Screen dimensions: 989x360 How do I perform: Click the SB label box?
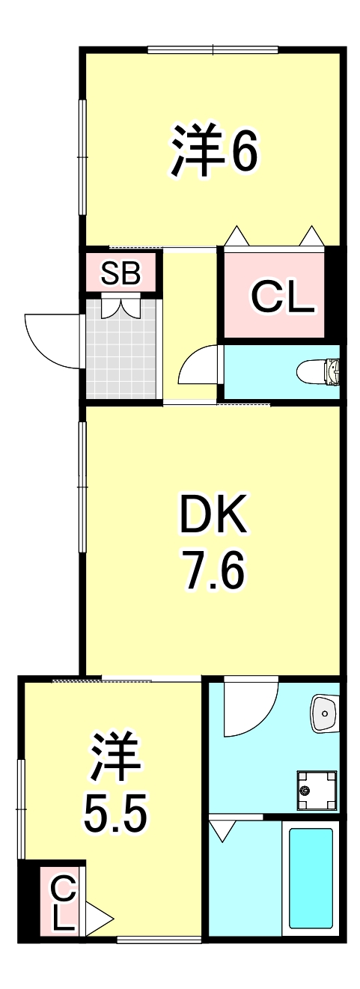tap(120, 273)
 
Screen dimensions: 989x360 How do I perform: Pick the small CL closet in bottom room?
tap(63, 902)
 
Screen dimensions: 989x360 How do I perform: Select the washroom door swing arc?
tap(247, 707)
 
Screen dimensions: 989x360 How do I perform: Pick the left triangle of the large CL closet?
tap(237, 236)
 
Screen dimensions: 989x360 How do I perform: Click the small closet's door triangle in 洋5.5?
tap(98, 918)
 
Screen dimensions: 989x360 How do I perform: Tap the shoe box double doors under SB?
tap(121, 307)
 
